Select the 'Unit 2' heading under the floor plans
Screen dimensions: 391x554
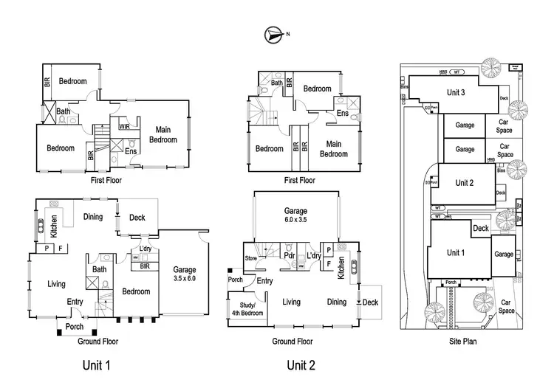(301, 364)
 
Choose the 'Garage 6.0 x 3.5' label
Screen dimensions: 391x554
(295, 215)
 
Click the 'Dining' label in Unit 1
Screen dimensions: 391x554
(93, 217)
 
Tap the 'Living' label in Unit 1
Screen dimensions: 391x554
(56, 283)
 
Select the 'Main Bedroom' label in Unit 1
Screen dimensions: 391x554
(163, 135)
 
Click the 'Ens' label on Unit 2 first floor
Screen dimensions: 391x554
(343, 114)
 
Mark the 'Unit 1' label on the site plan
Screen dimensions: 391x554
(456, 252)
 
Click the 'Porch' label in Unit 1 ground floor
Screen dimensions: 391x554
(75, 326)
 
